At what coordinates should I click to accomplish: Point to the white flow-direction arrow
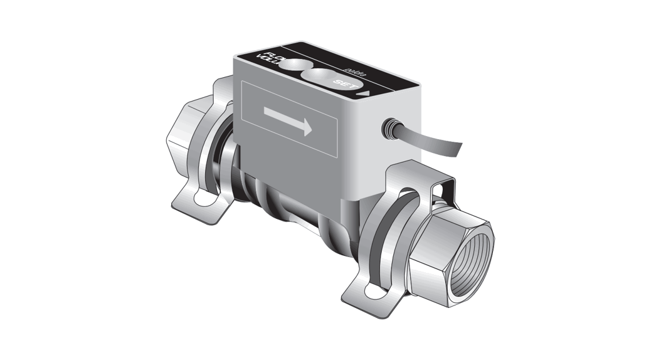click(x=288, y=120)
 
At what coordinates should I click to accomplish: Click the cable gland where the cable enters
click(x=389, y=129)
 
